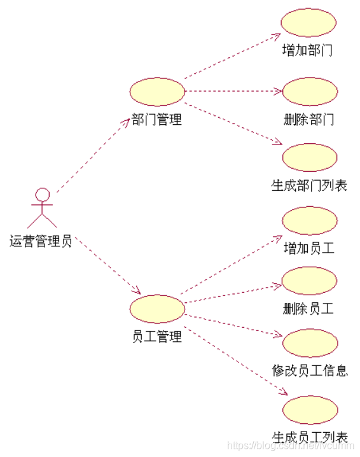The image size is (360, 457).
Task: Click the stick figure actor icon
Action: tap(42, 208)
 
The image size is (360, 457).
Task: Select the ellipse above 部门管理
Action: tap(157, 92)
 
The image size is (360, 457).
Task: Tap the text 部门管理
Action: tap(157, 119)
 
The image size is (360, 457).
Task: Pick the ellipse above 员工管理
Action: tap(157, 309)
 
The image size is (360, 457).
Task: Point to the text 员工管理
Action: tap(157, 336)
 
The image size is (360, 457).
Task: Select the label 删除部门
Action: tap(308, 119)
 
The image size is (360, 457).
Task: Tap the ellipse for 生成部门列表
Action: tap(309, 156)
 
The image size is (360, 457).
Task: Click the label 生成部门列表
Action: tap(309, 185)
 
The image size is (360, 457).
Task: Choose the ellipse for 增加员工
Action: tap(309, 220)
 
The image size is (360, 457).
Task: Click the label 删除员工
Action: tap(308, 309)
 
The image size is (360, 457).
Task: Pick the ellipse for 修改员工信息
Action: tap(309, 343)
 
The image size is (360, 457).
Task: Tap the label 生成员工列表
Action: tap(310, 437)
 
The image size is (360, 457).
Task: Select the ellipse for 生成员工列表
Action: tap(309, 409)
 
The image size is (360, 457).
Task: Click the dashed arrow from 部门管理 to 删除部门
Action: tap(232, 92)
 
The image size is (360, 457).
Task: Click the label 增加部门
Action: tap(308, 50)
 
